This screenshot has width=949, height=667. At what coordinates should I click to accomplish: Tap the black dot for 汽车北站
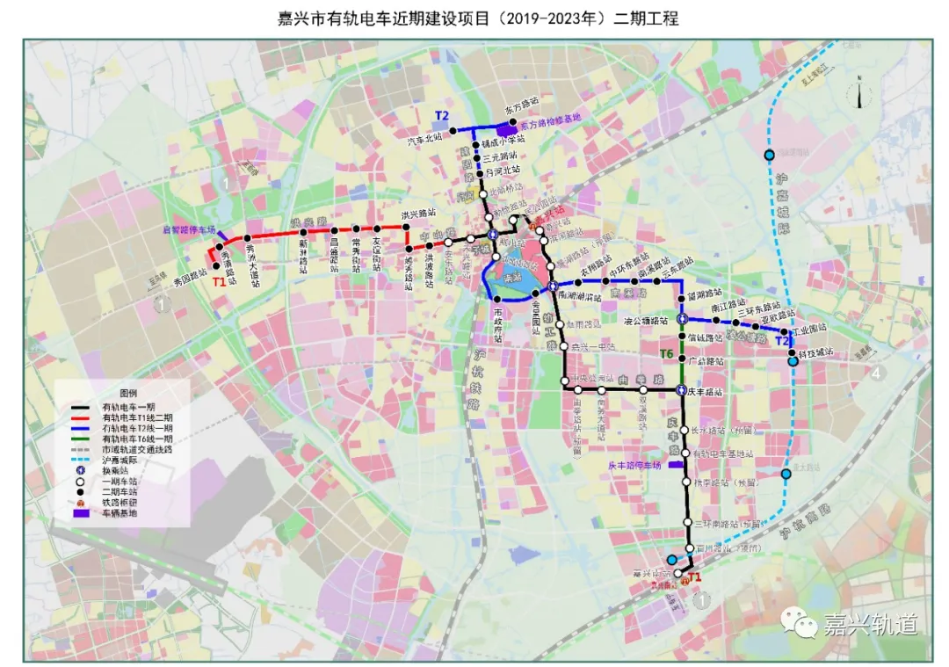point(453,130)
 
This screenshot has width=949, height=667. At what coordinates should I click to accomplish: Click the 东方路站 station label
point(521,104)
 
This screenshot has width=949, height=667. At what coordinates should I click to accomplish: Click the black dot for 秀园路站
point(216,266)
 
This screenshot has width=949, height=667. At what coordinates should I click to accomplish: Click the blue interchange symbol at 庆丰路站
point(681,390)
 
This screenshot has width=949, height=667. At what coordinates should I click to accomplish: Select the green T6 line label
point(667,354)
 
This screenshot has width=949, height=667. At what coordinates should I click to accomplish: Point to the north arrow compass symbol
point(860,92)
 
